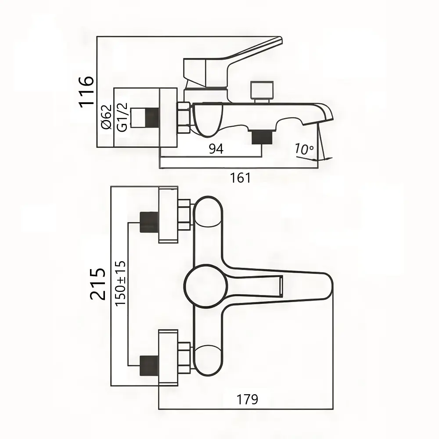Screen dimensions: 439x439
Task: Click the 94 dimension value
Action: [216, 149]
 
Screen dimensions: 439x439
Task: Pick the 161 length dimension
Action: [240, 178]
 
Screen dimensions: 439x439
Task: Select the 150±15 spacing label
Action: [120, 283]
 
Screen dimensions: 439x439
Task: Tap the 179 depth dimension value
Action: [247, 399]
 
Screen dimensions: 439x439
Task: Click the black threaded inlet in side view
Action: [151, 117]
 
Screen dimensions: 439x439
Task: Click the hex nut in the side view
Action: [183, 118]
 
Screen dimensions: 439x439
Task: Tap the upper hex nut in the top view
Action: [184, 215]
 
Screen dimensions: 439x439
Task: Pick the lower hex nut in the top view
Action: [184, 358]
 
